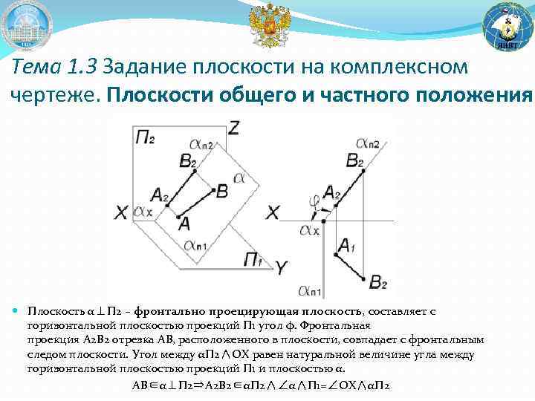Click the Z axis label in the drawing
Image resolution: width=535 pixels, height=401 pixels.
(234, 128)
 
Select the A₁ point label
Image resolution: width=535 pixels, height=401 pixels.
(346, 244)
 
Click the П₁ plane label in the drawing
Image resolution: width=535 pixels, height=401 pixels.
(254, 258)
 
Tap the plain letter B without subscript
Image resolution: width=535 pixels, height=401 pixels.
(221, 191)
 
